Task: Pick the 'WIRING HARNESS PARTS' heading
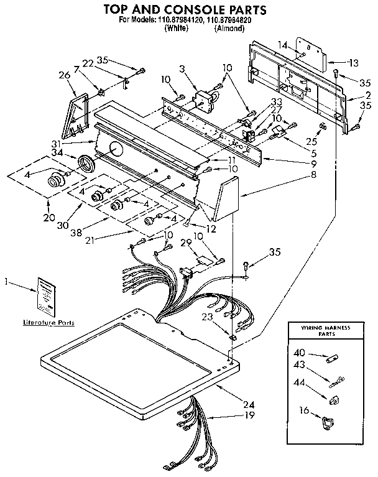(x=326, y=330)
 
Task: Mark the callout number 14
(x=283, y=45)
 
